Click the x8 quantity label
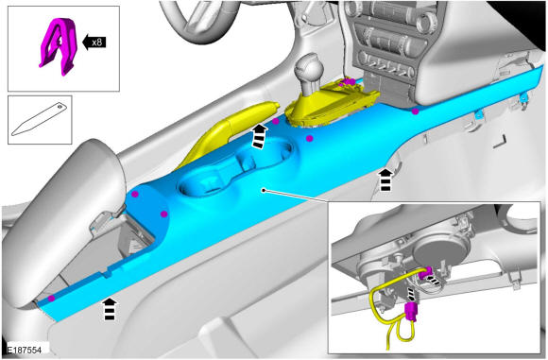96,43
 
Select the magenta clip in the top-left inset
59,46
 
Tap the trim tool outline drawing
39,119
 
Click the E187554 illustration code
25,351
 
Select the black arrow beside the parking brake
259,137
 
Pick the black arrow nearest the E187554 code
110,309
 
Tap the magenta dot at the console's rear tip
51,299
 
